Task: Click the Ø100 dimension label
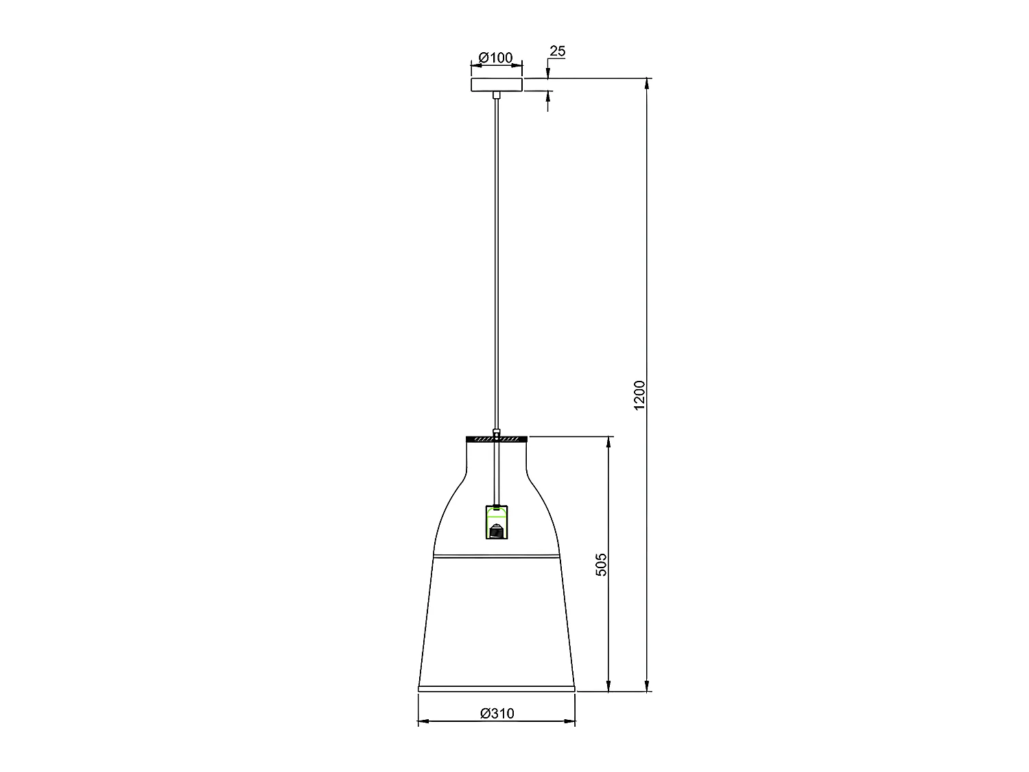point(496,58)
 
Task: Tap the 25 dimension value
point(558,51)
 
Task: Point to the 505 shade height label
point(602,564)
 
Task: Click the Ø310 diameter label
point(497,713)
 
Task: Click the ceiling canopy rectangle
point(496,85)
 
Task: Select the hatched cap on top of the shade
point(496,437)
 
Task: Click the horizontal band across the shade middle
point(496,555)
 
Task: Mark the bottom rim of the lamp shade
point(496,688)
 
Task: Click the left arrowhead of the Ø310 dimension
point(423,721)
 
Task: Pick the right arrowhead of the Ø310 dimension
point(570,721)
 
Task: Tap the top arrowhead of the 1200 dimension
point(647,84)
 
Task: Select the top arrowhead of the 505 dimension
point(608,441)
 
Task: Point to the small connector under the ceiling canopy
point(496,95)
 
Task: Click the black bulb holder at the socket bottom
point(496,532)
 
